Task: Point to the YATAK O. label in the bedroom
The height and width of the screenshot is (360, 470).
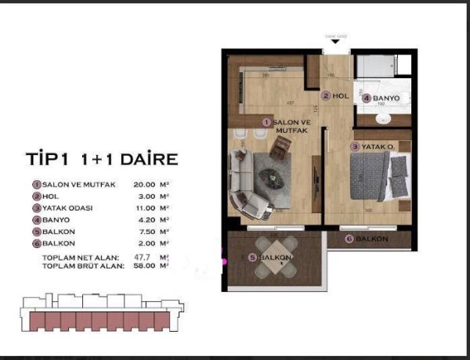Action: (377, 146)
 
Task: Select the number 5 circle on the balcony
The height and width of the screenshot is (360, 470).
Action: (252, 257)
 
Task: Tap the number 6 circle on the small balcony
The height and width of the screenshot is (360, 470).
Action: (349, 239)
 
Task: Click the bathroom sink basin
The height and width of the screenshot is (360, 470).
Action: (384, 118)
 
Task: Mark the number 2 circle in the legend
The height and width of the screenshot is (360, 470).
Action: (36, 196)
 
